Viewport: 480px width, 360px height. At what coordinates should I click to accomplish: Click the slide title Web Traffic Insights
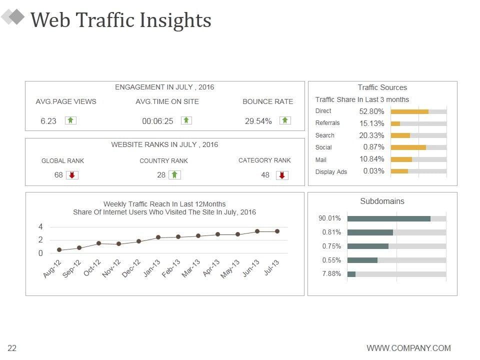click(120, 20)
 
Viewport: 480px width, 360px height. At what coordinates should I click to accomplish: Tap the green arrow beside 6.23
click(70, 120)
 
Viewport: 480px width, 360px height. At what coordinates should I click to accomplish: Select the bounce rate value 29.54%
click(258, 121)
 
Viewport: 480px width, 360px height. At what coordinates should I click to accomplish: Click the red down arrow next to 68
click(72, 175)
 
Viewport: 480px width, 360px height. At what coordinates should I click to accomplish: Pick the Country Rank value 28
click(161, 175)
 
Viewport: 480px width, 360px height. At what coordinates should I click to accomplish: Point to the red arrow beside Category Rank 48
click(282, 175)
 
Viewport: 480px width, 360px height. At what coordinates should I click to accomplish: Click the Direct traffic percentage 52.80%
click(371, 111)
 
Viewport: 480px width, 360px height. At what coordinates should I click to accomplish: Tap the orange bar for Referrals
click(395, 123)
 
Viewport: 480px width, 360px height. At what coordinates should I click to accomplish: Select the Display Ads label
click(331, 172)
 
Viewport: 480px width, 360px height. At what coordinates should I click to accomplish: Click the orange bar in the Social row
click(408, 147)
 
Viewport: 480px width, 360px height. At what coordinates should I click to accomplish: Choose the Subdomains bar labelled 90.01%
click(388, 218)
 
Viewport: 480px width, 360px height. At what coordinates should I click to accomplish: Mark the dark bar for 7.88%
click(351, 274)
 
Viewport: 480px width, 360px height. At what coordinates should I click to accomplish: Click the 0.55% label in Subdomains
click(331, 260)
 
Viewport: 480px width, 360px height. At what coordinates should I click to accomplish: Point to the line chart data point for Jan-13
click(158, 237)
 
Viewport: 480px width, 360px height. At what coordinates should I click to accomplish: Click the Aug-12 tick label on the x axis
click(52, 268)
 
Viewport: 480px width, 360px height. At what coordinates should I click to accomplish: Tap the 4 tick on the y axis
click(40, 226)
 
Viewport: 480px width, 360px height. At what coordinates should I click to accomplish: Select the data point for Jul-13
click(277, 231)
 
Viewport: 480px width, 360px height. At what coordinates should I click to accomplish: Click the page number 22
click(12, 348)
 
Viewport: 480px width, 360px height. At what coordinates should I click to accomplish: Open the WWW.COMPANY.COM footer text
click(408, 348)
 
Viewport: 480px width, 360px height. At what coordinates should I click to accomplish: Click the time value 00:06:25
click(157, 121)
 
